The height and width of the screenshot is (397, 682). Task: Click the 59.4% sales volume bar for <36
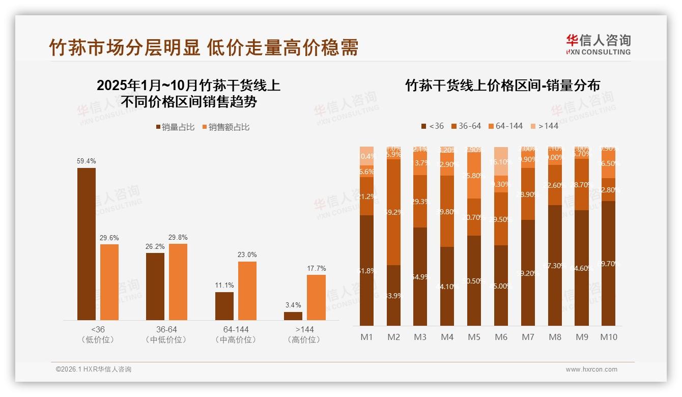(x=87, y=244)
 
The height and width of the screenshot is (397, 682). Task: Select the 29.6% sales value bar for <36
(x=109, y=282)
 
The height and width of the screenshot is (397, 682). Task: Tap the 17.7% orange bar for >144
(x=316, y=297)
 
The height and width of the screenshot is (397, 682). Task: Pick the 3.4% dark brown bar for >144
(x=293, y=316)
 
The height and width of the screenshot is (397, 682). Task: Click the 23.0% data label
(x=247, y=254)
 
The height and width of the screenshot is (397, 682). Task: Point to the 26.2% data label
(x=155, y=246)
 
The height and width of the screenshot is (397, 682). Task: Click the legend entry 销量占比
(x=176, y=127)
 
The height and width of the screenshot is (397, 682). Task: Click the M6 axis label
(x=501, y=337)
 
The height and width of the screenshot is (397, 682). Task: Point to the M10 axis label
(x=608, y=337)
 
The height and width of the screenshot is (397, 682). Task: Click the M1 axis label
(x=367, y=337)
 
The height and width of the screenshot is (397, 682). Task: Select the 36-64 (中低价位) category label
(x=166, y=334)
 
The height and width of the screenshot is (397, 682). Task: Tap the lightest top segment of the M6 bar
(x=501, y=161)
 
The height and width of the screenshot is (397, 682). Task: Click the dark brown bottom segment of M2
(x=393, y=295)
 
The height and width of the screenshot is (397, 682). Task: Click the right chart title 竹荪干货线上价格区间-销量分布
(x=502, y=85)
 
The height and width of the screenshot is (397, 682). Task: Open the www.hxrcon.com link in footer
(x=591, y=370)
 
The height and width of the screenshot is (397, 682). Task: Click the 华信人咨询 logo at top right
(x=598, y=44)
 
